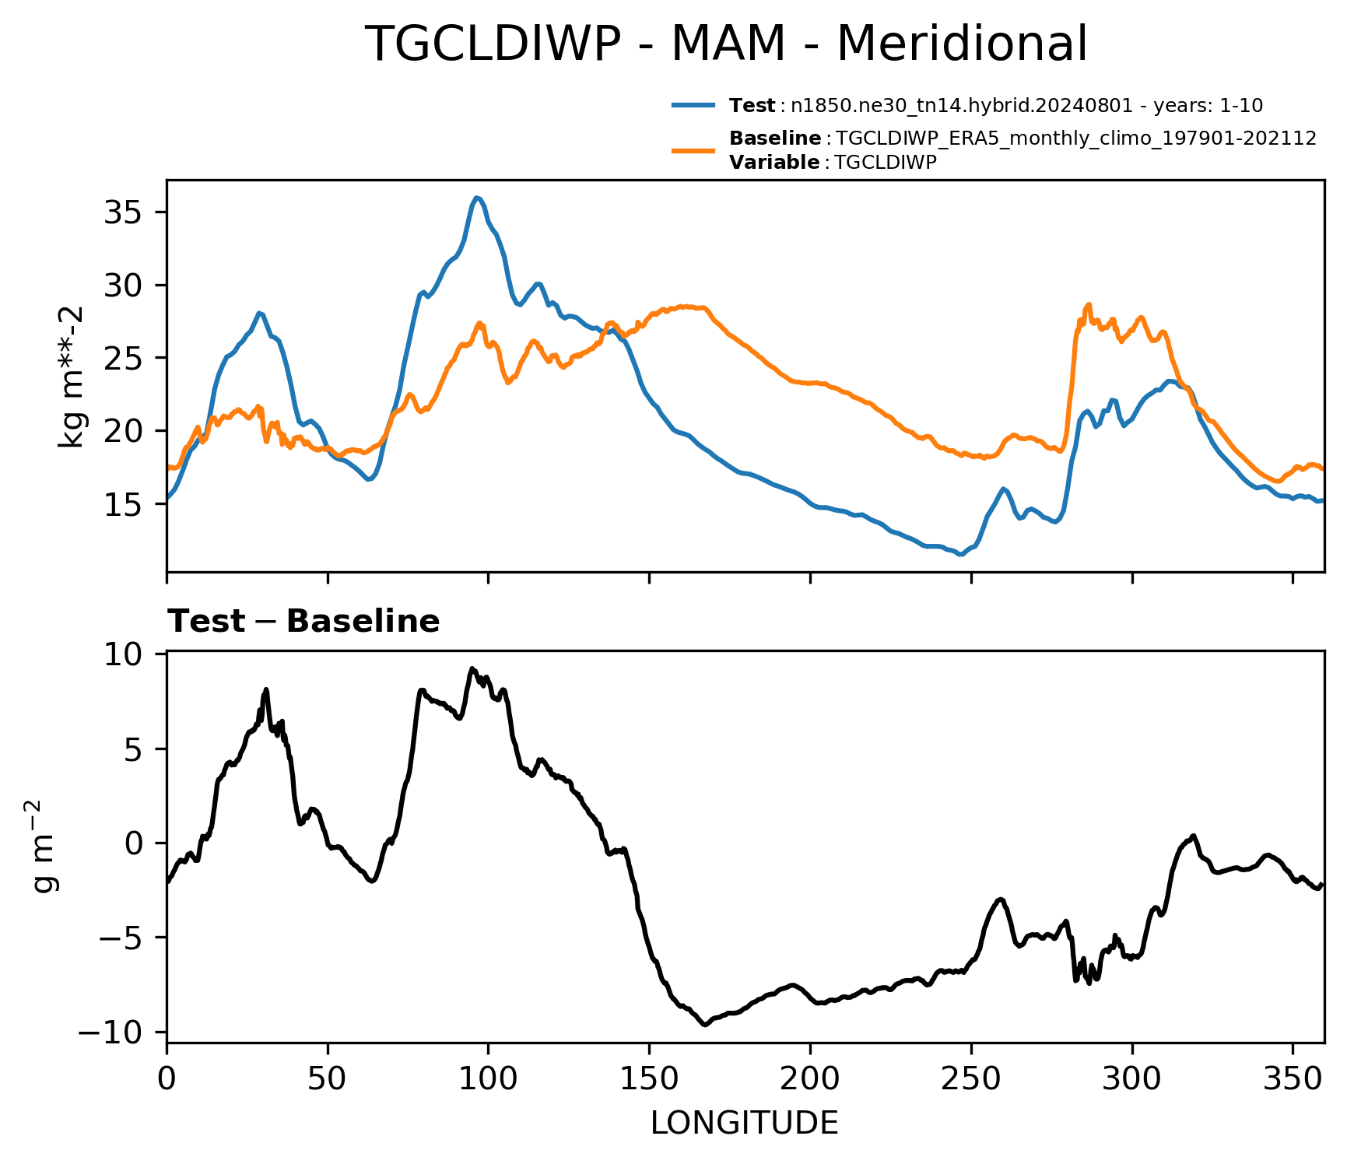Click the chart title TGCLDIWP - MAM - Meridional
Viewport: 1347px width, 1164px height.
(x=726, y=44)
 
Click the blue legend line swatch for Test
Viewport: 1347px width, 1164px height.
(x=693, y=105)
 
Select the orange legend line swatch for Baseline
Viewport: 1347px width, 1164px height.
(x=693, y=150)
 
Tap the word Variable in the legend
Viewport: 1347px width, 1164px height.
(x=774, y=163)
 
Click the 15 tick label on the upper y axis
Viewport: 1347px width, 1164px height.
(x=123, y=504)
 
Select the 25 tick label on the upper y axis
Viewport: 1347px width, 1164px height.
(x=123, y=358)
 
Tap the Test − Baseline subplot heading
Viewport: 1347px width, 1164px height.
(x=303, y=622)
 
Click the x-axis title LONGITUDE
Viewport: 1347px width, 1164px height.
(x=745, y=1124)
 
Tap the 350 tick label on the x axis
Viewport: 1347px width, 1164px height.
(x=1293, y=1079)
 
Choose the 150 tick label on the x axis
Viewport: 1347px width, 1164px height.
(x=649, y=1079)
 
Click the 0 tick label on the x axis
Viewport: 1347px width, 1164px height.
(x=167, y=1079)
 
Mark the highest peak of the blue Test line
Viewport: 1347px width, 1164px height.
(x=476, y=198)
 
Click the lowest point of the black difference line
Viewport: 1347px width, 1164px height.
(x=705, y=1025)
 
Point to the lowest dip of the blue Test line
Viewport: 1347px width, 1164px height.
(x=961, y=555)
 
